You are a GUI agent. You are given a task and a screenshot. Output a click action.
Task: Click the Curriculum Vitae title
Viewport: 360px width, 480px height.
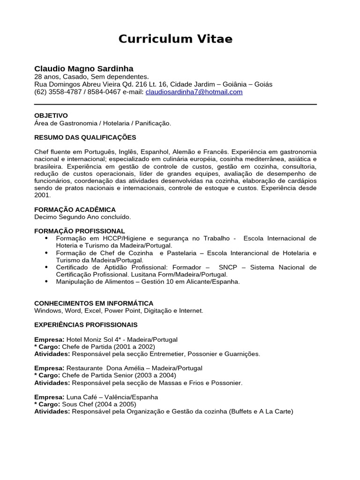tap(175, 39)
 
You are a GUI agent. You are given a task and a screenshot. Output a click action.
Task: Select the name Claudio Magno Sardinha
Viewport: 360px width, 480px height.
tap(83, 68)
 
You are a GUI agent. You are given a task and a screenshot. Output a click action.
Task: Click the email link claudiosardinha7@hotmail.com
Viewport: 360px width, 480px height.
tap(194, 92)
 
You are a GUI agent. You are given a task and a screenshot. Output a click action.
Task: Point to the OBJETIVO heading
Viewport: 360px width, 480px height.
tap(51, 115)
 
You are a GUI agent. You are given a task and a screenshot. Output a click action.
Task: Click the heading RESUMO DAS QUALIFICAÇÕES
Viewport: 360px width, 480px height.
tap(85, 137)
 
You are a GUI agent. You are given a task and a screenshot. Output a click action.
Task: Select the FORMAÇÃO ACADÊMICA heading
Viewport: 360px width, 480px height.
tap(75, 210)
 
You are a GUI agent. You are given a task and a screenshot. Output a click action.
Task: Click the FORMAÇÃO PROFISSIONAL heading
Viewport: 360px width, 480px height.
tap(80, 231)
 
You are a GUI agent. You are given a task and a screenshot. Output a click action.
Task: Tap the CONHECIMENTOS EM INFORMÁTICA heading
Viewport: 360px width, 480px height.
tap(94, 303)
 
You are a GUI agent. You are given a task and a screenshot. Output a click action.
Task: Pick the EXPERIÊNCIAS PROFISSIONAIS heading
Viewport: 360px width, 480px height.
tap(86, 324)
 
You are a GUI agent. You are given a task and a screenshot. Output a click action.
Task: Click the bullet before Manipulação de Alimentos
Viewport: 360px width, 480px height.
tap(46, 281)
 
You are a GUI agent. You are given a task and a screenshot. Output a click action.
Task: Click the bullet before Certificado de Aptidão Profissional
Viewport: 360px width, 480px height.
tap(46, 267)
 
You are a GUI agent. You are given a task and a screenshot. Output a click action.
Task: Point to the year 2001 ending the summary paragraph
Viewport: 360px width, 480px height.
tap(42, 195)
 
